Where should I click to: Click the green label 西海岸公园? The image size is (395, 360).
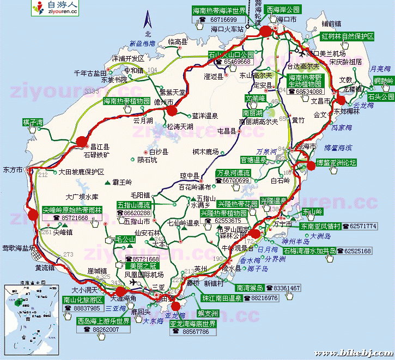coord(283,10)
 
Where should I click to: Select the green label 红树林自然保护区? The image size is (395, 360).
coord(347,36)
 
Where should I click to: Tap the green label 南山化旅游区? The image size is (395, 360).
coord(83,300)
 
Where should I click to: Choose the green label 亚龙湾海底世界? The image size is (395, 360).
coord(193,324)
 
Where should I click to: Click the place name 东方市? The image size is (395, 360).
coord(13,169)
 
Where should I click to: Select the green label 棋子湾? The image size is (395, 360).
coord(33,122)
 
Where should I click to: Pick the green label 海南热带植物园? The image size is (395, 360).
coord(126,101)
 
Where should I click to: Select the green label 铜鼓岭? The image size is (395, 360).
coord(384,81)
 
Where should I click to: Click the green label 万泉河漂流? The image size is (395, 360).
coord(233,173)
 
